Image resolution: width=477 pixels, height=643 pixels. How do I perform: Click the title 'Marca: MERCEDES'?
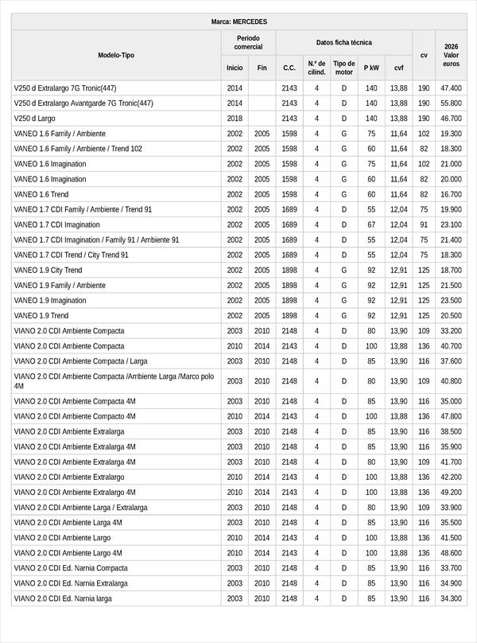tap(239, 21)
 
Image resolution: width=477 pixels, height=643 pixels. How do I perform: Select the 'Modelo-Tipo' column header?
tap(116, 55)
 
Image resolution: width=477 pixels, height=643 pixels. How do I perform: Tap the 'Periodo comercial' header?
tap(248, 43)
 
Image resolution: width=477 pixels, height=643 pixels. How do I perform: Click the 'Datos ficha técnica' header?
tap(343, 42)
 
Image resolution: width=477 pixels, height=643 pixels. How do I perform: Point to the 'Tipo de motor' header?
tap(344, 68)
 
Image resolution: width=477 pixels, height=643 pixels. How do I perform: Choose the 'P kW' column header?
tap(371, 68)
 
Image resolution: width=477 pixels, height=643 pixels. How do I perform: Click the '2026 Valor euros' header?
tap(452, 55)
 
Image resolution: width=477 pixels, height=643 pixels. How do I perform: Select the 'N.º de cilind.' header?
tap(316, 68)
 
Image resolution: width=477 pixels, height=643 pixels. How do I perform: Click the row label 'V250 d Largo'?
tap(38, 119)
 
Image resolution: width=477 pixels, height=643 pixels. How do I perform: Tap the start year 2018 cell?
tap(235, 119)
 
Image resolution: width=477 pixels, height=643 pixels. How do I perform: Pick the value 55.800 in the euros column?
tap(452, 103)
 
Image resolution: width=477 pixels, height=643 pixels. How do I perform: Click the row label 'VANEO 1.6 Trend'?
tap(41, 194)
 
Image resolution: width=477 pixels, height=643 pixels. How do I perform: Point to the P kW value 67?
tap(371, 224)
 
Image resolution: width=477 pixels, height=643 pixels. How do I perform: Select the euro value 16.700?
tap(452, 194)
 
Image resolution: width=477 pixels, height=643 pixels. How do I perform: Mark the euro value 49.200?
tap(452, 493)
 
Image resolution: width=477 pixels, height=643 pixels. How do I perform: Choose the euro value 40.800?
tap(452, 381)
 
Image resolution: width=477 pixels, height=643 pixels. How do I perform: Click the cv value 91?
tap(424, 224)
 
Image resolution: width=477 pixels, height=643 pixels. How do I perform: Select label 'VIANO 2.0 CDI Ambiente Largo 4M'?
tap(68, 553)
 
